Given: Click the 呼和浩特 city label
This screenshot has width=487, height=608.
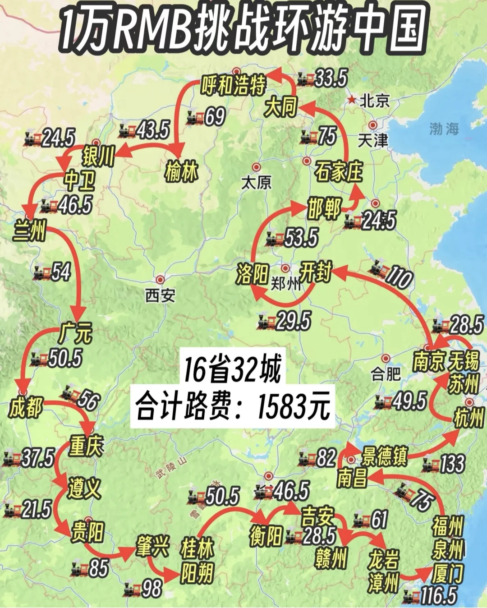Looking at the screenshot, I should coord(234,85).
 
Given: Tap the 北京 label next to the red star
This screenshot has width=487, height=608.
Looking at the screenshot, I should coord(375,101).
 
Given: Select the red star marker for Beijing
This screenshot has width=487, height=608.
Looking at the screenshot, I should coord(352,100).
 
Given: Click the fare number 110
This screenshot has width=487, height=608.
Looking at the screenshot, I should coord(398,277).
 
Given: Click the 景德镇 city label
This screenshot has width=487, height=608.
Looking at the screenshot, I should coord(385,456).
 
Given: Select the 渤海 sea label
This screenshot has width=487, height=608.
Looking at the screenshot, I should coord(444,129).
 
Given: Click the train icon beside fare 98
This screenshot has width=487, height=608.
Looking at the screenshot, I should coord(133,589).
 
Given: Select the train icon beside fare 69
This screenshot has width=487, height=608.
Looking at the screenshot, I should coord(196,118).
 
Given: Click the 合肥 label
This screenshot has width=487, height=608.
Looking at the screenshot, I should coord(386,373).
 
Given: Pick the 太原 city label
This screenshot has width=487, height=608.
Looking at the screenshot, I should coord(256,182).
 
